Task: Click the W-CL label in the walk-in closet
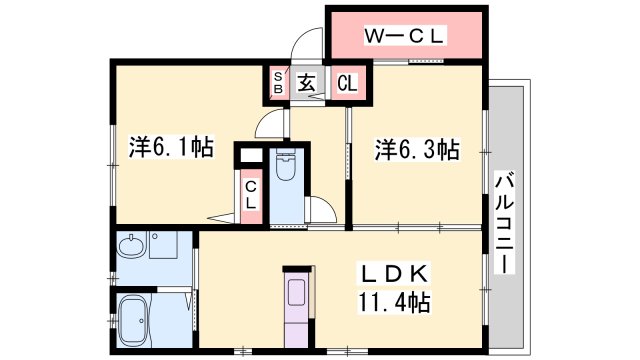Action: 405,37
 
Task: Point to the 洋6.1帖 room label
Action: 170,148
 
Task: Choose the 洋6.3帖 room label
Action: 417,150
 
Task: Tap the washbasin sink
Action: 130,246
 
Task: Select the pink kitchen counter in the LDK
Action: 299,296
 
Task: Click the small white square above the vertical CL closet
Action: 249,156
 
